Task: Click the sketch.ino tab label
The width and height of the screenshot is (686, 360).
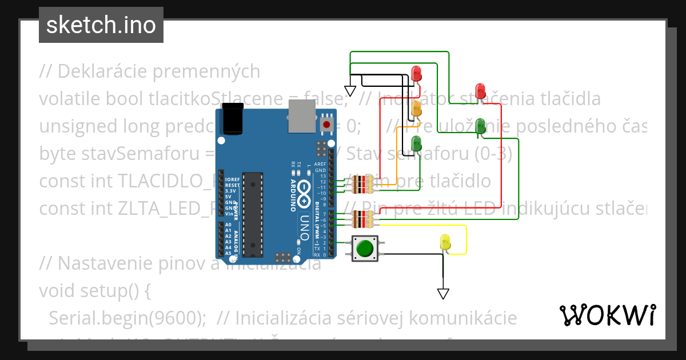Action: (101, 25)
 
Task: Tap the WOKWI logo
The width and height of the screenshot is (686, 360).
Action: (607, 315)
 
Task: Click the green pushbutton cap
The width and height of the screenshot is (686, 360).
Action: (365, 249)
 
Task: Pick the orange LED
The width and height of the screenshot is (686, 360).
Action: (417, 107)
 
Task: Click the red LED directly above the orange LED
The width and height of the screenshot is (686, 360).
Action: (416, 73)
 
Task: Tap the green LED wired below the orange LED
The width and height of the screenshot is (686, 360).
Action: (417, 144)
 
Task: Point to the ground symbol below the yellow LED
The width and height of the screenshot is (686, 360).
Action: (443, 293)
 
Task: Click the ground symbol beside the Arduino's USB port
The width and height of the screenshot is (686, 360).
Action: (350, 91)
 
